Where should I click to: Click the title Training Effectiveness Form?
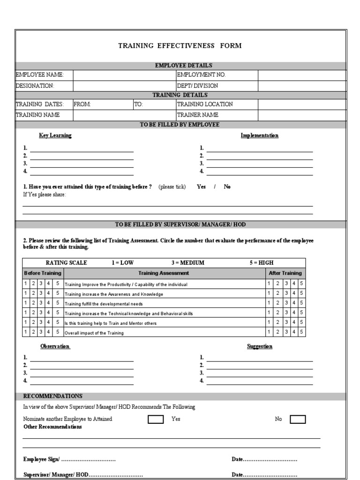pos(180,45)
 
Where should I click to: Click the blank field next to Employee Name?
pos(124,75)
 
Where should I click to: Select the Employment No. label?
pos(197,75)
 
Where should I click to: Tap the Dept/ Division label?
pos(197,86)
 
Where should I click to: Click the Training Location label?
pos(204,104)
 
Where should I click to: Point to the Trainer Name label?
pos(197,115)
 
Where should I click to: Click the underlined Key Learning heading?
pos(55,135)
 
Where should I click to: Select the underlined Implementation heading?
pos(259,135)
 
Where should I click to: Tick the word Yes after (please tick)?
pos(201,187)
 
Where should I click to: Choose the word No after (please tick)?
pos(227,187)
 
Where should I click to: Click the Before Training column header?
pos(43,273)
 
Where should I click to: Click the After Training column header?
pos(285,273)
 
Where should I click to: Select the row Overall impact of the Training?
pos(94,333)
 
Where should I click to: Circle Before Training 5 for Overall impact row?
pos(57,332)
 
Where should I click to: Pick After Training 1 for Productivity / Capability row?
pos(269,284)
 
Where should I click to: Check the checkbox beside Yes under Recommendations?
pos(156,419)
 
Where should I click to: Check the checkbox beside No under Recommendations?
pos(298,419)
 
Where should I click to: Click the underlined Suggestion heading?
pos(259,346)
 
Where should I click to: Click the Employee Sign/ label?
pos(42,459)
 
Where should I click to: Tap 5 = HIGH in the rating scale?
pos(261,263)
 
